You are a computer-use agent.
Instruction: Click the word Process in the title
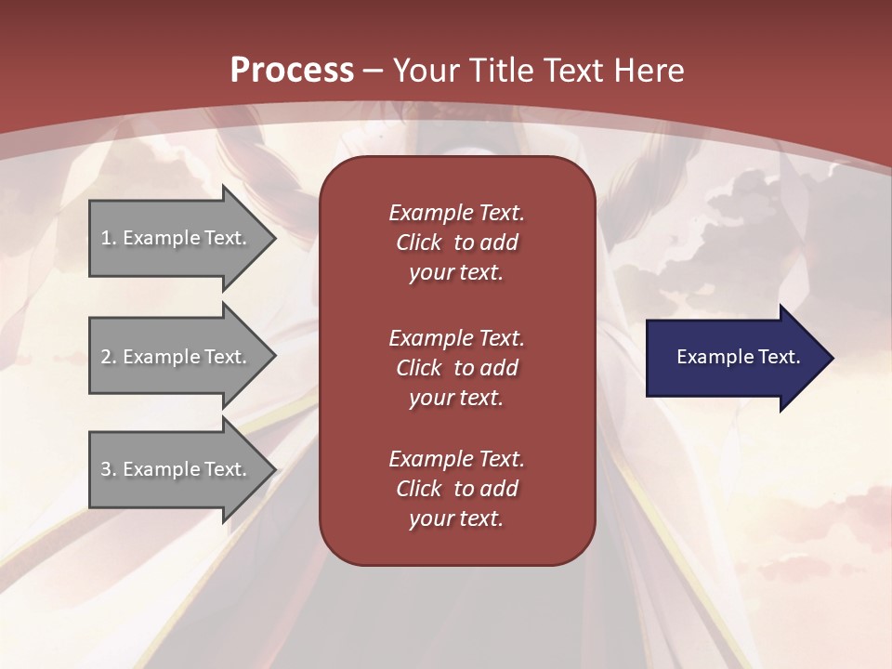point(292,71)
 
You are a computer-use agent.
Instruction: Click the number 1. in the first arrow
point(109,238)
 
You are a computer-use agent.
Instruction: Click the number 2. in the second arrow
point(109,357)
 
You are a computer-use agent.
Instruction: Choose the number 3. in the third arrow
point(109,469)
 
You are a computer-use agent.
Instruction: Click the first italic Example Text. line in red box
point(456,213)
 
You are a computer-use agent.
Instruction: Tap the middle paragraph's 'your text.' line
point(456,398)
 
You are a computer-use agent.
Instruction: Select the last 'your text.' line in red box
point(456,518)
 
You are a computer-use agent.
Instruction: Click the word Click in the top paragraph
point(418,243)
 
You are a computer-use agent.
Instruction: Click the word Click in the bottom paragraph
point(418,489)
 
